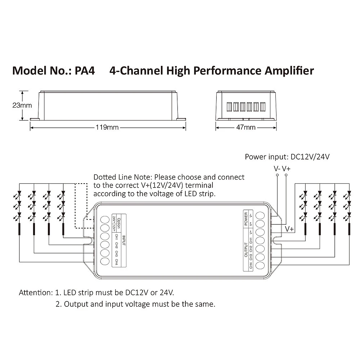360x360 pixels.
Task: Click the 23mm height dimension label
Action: click(22, 105)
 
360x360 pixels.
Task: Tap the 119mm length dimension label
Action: click(107, 127)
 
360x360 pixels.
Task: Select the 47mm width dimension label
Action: click(246, 127)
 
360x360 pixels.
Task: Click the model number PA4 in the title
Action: click(85, 71)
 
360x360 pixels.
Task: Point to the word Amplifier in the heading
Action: click(289, 71)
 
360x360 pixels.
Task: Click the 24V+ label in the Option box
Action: click(114, 220)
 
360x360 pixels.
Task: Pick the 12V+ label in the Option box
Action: click(114, 229)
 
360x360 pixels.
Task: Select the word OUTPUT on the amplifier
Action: click(246, 249)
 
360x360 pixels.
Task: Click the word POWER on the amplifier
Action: click(246, 219)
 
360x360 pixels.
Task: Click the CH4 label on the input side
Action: click(116, 262)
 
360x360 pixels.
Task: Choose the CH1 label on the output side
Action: click(251, 241)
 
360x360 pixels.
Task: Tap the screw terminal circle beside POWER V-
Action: click(260, 216)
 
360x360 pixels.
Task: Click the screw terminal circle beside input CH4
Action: click(105, 261)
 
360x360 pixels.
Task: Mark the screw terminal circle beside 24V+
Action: click(105, 220)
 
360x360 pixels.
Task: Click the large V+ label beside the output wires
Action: click(289, 229)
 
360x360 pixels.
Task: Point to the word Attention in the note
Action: click(36, 293)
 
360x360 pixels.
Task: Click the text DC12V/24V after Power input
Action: click(310, 157)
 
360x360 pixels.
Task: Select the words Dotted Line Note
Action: click(123, 177)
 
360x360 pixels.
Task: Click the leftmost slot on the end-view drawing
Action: click(229, 107)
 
